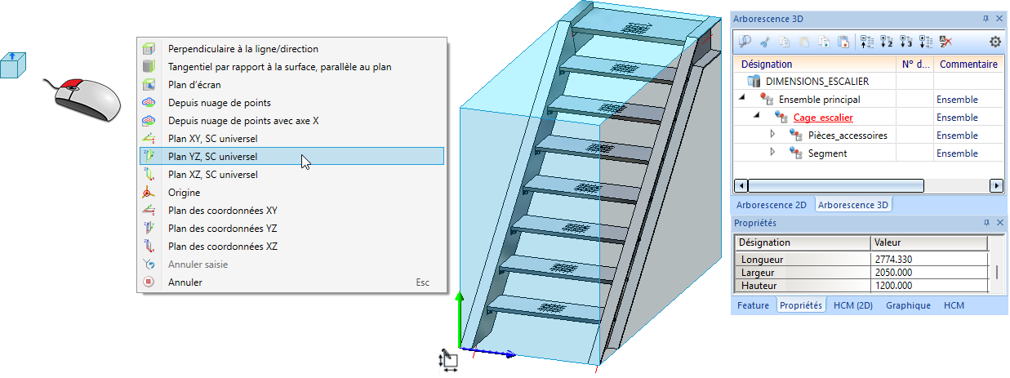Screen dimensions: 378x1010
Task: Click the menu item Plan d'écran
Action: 194,84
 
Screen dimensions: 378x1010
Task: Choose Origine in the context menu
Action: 184,192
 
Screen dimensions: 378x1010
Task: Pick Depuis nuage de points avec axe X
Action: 242,120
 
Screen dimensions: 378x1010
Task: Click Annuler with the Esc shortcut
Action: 185,282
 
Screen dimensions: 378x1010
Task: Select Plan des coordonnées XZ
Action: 222,246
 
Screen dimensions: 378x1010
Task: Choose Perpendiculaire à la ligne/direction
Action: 242,48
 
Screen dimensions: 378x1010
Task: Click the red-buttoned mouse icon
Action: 86,97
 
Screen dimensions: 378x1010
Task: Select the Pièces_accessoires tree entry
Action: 848,136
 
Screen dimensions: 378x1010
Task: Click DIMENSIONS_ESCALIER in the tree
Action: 816,82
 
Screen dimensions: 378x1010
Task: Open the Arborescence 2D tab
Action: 771,205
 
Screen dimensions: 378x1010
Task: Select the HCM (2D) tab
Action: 853,305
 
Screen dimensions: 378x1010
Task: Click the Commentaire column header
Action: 968,64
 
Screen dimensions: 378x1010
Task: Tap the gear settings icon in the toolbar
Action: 995,42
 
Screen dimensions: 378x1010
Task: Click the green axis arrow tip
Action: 460,296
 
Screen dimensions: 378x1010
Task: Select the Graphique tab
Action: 908,305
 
